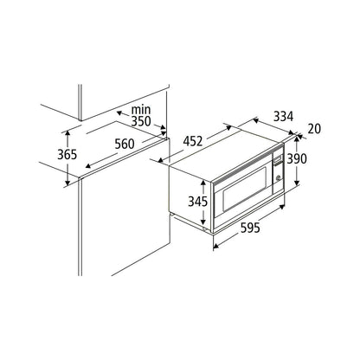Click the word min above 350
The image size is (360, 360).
141,110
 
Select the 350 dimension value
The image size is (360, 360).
141,121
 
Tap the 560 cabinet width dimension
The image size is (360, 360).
125,144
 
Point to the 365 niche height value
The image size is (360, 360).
67,155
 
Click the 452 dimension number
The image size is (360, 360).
193,141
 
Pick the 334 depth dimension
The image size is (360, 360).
283,117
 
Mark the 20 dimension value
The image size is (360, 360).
314,129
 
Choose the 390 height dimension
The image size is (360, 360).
297,158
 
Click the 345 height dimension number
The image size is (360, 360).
198,202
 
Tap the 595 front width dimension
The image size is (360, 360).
250,228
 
